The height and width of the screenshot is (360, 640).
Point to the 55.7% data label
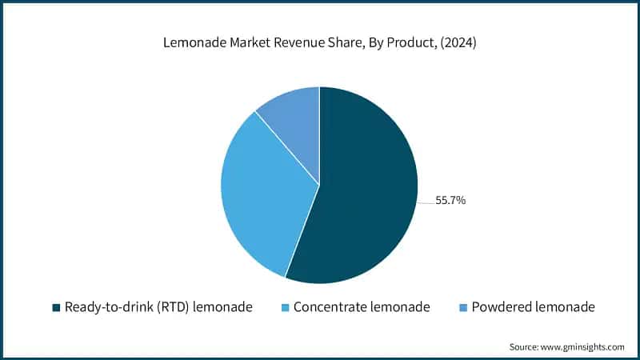click(x=450, y=201)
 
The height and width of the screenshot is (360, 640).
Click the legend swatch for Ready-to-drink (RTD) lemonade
click(x=56, y=307)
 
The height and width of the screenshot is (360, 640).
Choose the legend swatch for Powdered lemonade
click(x=463, y=307)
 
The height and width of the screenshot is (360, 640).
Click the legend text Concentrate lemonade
click(x=362, y=307)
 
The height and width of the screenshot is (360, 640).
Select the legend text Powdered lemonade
click(x=534, y=307)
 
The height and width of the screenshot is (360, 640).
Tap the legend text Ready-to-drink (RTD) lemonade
click(x=158, y=307)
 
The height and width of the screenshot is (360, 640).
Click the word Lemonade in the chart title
click(x=189, y=44)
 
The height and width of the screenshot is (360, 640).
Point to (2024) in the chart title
click(x=459, y=44)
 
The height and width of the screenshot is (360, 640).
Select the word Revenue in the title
click(x=295, y=44)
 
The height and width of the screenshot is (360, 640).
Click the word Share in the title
click(x=340, y=44)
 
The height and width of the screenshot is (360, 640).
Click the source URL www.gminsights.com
click(x=580, y=346)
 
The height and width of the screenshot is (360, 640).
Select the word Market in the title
click(x=245, y=44)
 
